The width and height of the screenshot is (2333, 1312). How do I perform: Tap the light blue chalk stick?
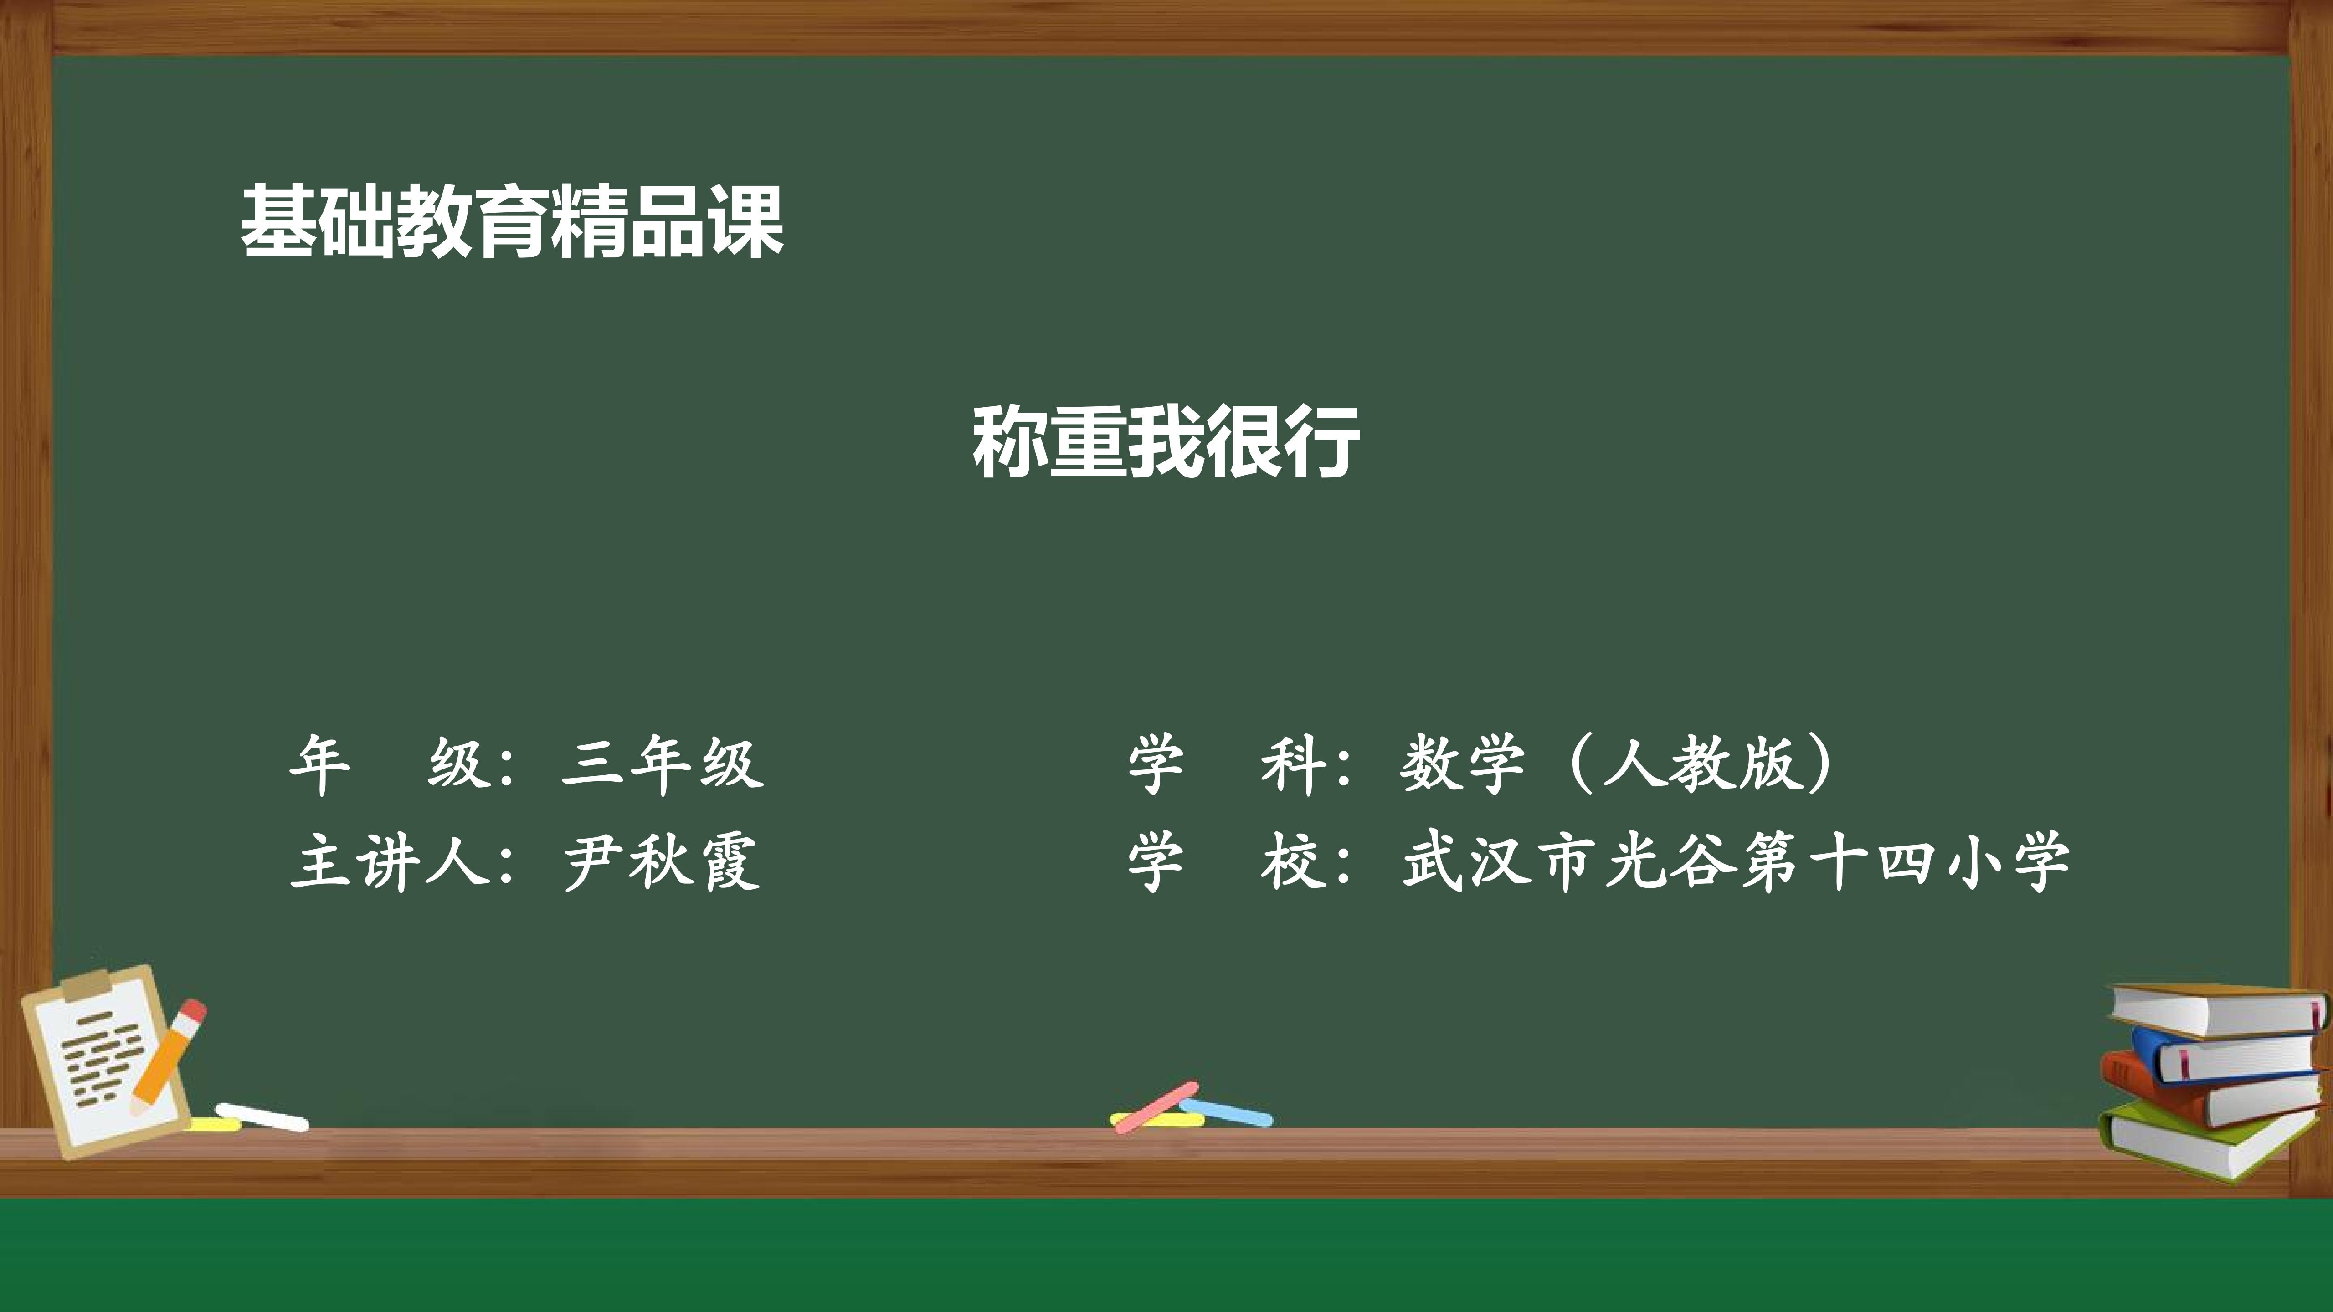click(1225, 1112)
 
